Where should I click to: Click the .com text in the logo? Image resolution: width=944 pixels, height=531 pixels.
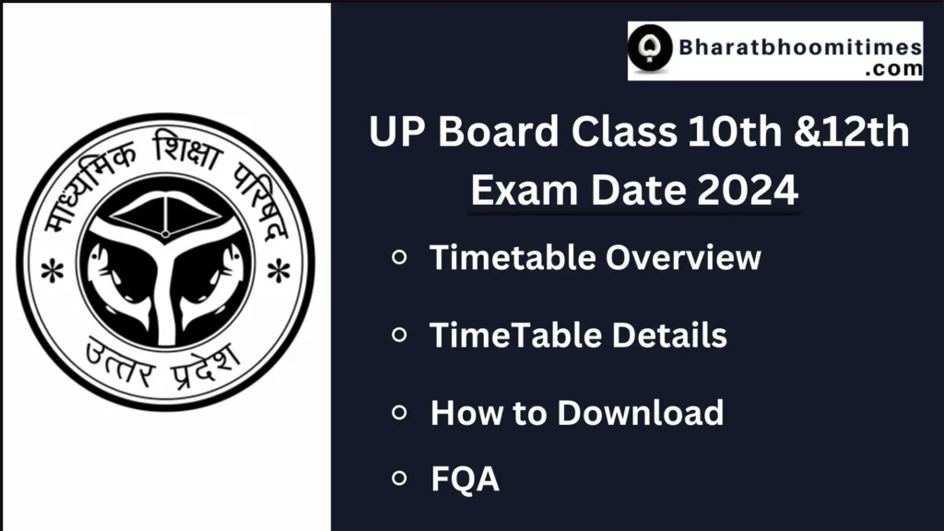click(887, 68)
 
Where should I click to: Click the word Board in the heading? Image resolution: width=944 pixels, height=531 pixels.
click(498, 133)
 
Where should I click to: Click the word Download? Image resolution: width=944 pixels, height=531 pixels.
click(640, 412)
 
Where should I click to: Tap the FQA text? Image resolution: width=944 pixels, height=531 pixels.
click(465, 478)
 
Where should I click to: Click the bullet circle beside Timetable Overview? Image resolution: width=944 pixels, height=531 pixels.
click(399, 258)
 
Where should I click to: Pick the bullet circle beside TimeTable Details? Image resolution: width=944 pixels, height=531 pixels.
click(399, 335)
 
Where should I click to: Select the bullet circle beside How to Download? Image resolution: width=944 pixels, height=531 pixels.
click(399, 412)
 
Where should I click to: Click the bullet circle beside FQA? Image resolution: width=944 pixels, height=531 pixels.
click(399, 478)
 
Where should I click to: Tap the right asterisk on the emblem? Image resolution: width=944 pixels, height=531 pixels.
click(277, 271)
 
